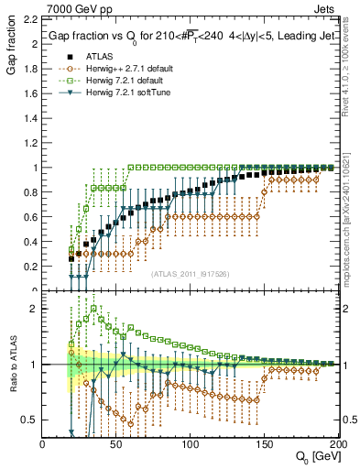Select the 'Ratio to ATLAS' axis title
10,368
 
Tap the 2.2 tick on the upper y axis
30,19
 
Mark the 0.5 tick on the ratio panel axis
30,420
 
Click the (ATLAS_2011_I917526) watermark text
190,273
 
